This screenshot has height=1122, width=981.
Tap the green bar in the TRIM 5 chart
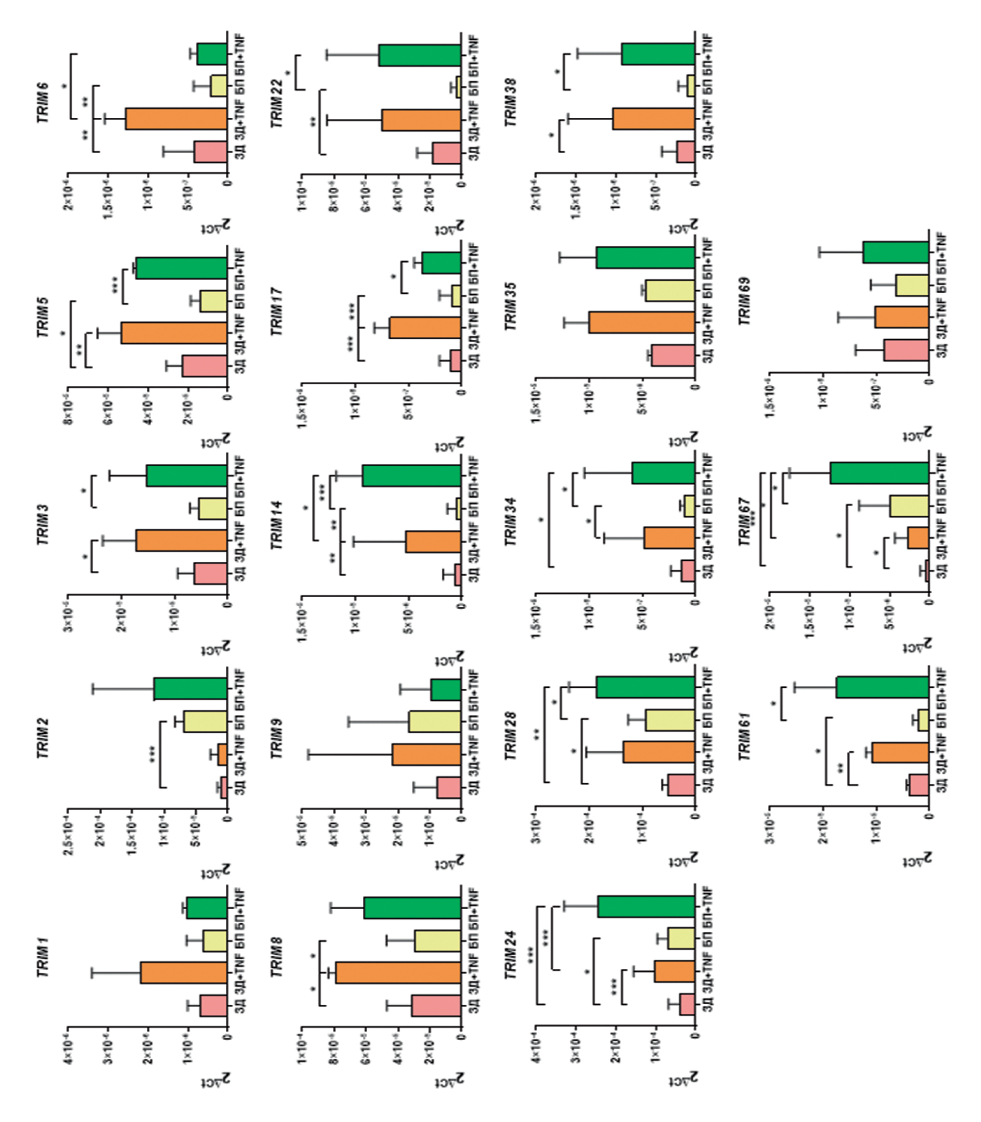[x=181, y=268]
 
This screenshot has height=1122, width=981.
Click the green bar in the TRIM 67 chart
[x=879, y=473]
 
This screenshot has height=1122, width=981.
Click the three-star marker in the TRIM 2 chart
[x=153, y=754]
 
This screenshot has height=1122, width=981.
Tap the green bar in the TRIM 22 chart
[x=420, y=55]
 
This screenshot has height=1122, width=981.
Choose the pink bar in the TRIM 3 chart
[x=210, y=573]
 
